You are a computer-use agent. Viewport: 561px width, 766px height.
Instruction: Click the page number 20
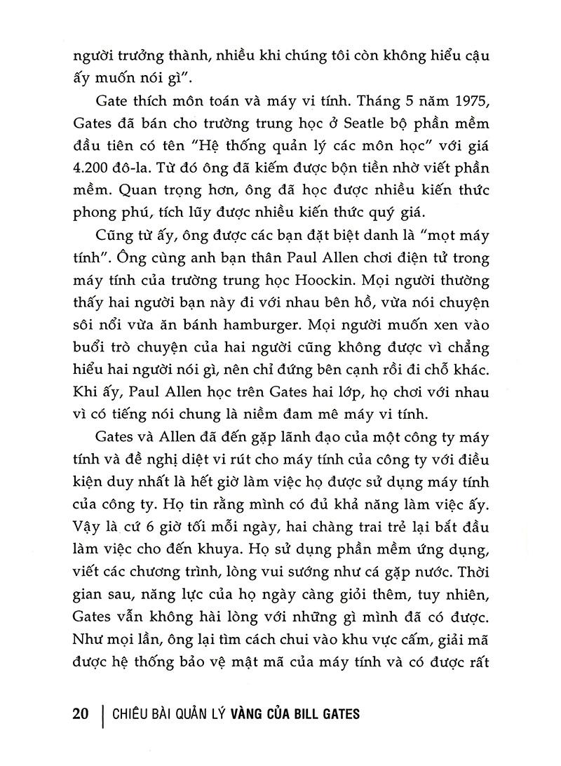pos(80,714)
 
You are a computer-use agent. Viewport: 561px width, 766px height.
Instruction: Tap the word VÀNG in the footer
pos(250,714)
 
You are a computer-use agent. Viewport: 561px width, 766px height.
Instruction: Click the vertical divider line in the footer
pos(104,714)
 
